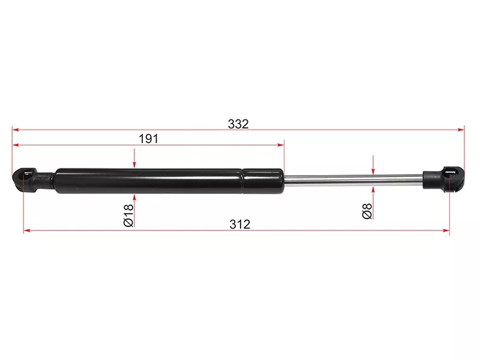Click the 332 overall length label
[238, 124]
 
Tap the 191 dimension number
[148, 139]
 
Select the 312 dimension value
[239, 224]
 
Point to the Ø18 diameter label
[128, 215]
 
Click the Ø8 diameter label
[367, 211]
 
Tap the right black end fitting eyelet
[452, 179]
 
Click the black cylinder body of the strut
[169, 181]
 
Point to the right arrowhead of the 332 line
[461, 130]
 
